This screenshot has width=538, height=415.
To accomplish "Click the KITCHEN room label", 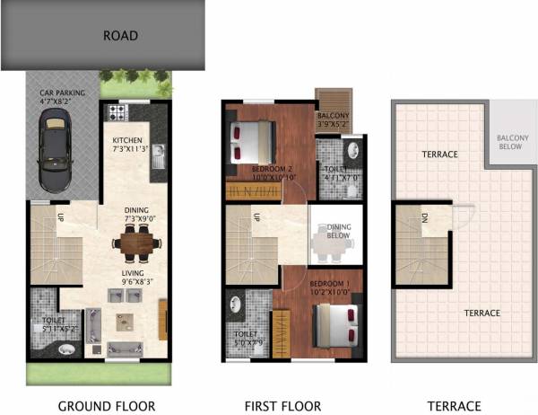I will click(x=128, y=141).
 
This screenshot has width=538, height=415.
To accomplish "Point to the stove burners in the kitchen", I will click(x=117, y=113).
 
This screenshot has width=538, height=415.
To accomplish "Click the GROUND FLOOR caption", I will click(x=107, y=406).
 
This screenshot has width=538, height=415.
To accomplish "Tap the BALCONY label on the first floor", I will click(x=333, y=116).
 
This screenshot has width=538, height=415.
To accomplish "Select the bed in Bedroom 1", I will click(x=336, y=322).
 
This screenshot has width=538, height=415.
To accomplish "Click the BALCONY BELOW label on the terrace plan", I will click(x=514, y=144).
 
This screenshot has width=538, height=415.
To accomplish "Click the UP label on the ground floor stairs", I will click(x=35, y=217).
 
